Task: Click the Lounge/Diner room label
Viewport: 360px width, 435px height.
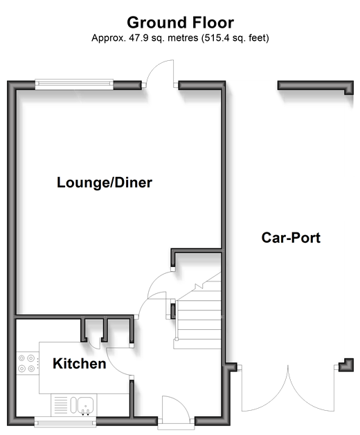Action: (105, 183)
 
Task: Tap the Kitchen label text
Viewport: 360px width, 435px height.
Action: (80, 364)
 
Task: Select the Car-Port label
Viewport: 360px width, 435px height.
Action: (291, 238)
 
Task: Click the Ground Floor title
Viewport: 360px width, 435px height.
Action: (180, 22)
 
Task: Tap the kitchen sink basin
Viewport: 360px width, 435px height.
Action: (85, 405)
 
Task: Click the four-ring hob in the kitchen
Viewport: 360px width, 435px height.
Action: (27, 364)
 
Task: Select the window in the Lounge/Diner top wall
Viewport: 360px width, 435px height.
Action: (75, 84)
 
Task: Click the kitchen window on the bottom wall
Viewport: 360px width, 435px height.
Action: (65, 421)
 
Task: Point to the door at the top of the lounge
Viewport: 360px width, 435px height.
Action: (161, 73)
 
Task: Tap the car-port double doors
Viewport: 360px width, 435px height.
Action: (288, 389)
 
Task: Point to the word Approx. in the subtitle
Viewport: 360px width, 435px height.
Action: (109, 38)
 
